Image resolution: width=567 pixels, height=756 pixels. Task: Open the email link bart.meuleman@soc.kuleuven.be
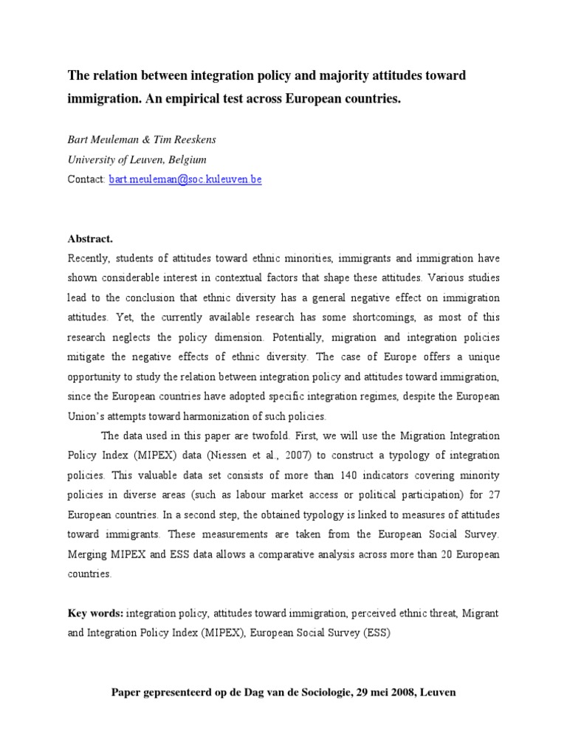[185, 179]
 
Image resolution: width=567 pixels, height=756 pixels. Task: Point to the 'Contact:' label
[86, 179]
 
